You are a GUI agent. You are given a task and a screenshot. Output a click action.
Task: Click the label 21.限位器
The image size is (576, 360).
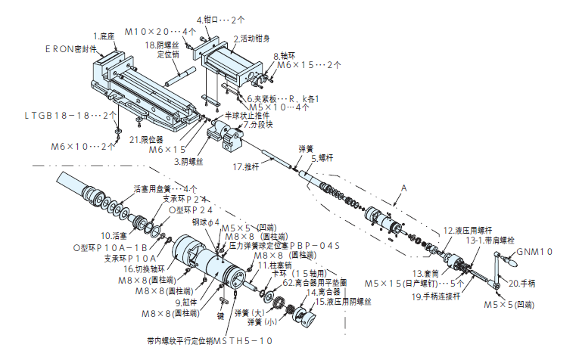tap(145, 139)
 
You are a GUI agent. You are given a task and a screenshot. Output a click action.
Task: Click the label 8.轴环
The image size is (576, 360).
tap(285, 56)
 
